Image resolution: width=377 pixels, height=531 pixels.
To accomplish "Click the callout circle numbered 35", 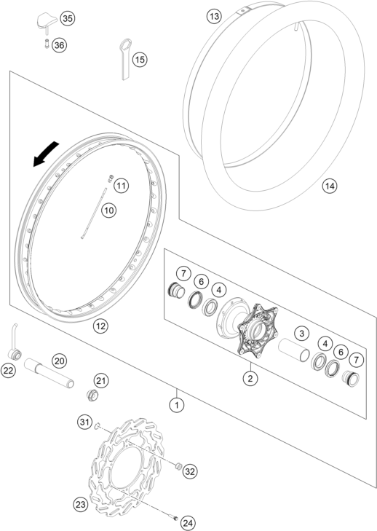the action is (68, 18).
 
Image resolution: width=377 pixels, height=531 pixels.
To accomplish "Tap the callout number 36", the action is (59, 45).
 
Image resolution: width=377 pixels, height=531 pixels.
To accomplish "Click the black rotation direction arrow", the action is (45, 154).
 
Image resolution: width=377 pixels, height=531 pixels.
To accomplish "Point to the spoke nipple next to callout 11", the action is (111, 178).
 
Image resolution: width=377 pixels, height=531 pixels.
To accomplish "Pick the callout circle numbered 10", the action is (108, 211).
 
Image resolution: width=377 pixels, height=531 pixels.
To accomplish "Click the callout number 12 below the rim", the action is (100, 326).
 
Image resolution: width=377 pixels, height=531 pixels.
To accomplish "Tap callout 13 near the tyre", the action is (214, 16).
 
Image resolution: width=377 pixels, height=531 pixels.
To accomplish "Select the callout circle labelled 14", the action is (330, 186).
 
